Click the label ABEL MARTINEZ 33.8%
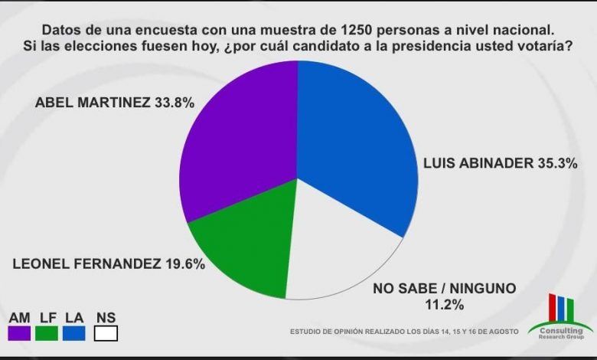(x=115, y=101)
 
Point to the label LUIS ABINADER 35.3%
(x=499, y=163)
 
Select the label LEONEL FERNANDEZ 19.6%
(x=109, y=264)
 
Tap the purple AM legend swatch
(x=20, y=332)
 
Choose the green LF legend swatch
(x=46, y=332)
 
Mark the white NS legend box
(x=106, y=332)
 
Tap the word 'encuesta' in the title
(x=150, y=30)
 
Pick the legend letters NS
(x=106, y=317)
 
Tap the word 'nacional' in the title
(x=524, y=30)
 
